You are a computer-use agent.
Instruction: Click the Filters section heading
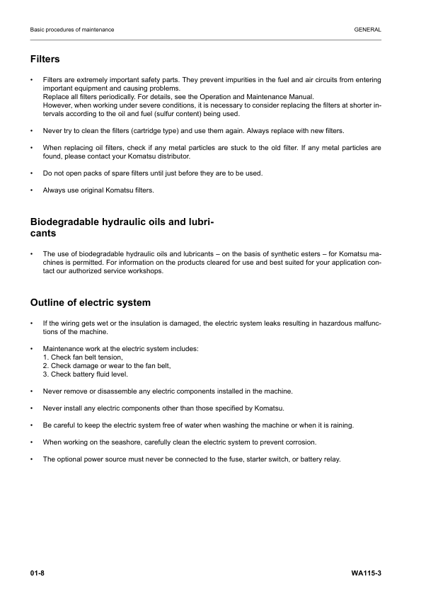pyautogui.click(x=45, y=59)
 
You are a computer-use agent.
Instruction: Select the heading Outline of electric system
pyautogui.click(x=90, y=302)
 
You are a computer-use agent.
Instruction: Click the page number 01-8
pyautogui.click(x=38, y=571)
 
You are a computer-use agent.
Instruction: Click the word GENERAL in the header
pyautogui.click(x=368, y=30)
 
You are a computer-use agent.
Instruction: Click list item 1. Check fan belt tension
pyautogui.click(x=83, y=357)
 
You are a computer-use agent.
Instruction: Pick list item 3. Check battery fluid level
pyautogui.click(x=86, y=374)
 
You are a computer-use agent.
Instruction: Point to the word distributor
pyautogui.click(x=173, y=156)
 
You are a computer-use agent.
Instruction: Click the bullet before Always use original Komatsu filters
pyautogui.click(x=32, y=190)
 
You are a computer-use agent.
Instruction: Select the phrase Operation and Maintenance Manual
pyautogui.click(x=258, y=96)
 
